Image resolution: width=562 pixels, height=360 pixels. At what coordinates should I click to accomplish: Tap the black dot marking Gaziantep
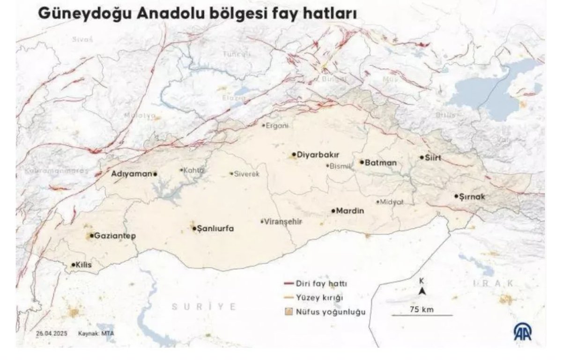(91, 236)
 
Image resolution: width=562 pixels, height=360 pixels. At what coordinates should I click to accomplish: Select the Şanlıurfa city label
(216, 229)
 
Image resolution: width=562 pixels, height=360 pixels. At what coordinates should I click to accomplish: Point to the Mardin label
(350, 211)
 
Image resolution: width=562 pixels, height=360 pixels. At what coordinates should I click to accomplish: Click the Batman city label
(380, 163)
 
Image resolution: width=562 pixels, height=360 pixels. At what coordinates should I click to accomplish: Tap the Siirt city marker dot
(421, 157)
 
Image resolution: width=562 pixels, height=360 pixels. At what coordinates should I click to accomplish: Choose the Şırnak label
(473, 196)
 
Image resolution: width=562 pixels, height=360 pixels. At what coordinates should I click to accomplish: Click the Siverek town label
(246, 173)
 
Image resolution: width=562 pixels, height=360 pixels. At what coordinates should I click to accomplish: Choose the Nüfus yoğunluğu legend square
(289, 311)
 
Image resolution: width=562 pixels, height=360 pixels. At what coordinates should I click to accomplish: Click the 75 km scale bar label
(421, 309)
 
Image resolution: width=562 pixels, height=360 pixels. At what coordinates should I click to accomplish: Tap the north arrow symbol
(422, 291)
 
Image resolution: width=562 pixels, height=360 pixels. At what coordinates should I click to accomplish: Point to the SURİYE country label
(204, 307)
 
